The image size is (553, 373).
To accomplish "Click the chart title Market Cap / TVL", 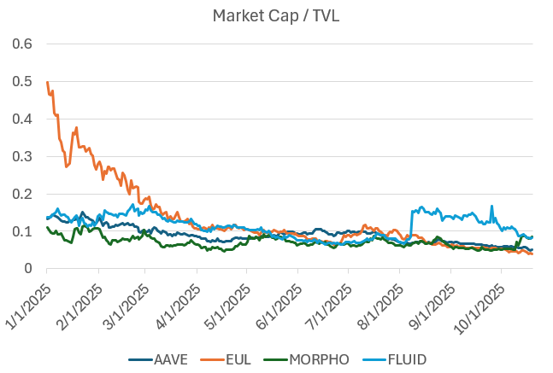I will coord(276,15).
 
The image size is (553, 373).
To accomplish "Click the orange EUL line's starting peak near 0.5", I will coord(47,82).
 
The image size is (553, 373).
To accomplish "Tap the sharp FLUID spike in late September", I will coord(491,207).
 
